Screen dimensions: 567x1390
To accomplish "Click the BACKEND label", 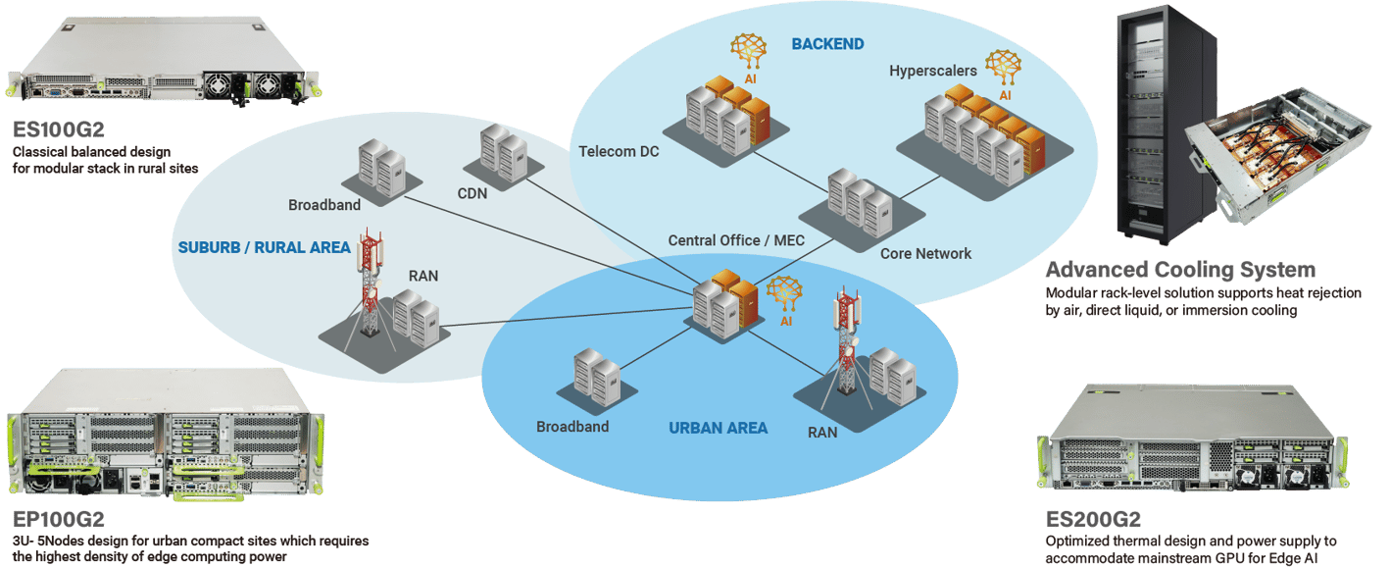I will coord(827,44).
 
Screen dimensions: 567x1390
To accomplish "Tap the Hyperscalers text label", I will coord(933,71).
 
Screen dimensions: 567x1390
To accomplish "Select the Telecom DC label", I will coord(619,151).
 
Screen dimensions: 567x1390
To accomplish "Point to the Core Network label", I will coord(925,253).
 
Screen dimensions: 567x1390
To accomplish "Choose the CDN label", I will coord(472,192).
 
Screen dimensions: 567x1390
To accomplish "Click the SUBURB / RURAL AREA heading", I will coord(264,247).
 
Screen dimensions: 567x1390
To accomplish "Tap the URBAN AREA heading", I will coord(718,428).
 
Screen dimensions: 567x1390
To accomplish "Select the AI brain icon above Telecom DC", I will coord(749,52).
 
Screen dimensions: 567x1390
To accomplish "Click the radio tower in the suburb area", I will coord(369,285).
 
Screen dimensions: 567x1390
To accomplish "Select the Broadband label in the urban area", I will coord(572,427).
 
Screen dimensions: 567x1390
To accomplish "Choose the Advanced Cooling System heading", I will coord(1179,271).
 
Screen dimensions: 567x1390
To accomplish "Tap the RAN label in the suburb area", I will coord(423,276).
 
